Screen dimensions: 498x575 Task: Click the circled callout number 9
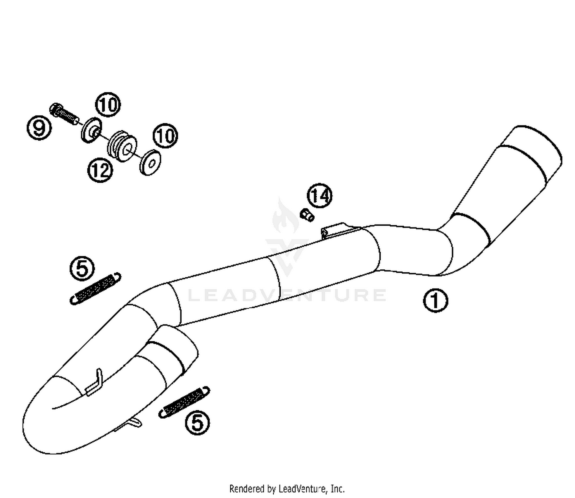(39, 127)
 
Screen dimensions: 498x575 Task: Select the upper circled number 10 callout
(108, 105)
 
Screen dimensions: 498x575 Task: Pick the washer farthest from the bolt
(150, 162)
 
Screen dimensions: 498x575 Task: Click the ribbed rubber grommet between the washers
(122, 146)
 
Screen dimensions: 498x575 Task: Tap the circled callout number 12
(100, 170)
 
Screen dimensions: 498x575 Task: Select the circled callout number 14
(320, 196)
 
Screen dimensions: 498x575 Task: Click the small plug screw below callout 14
(307, 215)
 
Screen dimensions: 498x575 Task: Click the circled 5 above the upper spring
(82, 268)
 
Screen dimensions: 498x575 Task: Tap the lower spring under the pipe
(184, 401)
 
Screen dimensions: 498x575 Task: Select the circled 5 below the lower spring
(197, 423)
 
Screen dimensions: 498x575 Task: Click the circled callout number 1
(435, 301)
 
